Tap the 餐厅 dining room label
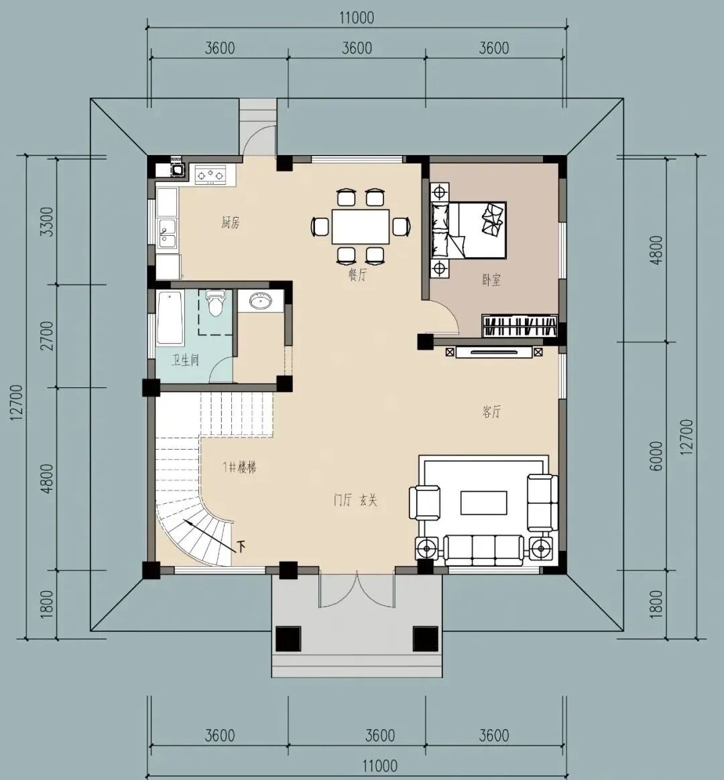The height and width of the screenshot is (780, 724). tap(357, 275)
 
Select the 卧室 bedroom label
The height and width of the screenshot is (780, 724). tap(491, 280)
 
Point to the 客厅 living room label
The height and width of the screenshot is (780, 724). tap(491, 411)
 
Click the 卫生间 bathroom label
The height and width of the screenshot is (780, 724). tap(185, 360)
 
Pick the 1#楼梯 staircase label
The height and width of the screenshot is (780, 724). tap(239, 467)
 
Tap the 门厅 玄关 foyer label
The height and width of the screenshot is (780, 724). tap(355, 499)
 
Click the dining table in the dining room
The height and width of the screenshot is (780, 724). tap(361, 226)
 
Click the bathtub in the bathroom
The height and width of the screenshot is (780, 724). tap(170, 318)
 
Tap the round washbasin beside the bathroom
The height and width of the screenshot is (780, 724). tap(259, 301)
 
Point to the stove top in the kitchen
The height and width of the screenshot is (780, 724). tap(210, 175)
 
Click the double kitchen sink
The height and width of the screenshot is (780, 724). tap(167, 235)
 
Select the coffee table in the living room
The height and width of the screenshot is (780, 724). tap(483, 503)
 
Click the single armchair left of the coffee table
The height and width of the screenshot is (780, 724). tap(424, 503)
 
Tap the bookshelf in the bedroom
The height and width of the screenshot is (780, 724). tap(520, 326)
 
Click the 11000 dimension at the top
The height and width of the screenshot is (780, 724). tap(357, 18)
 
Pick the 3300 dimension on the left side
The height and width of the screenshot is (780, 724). tap(48, 222)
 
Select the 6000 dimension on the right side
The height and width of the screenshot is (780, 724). tap(656, 456)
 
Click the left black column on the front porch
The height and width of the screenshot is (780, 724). tap(289, 639)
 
